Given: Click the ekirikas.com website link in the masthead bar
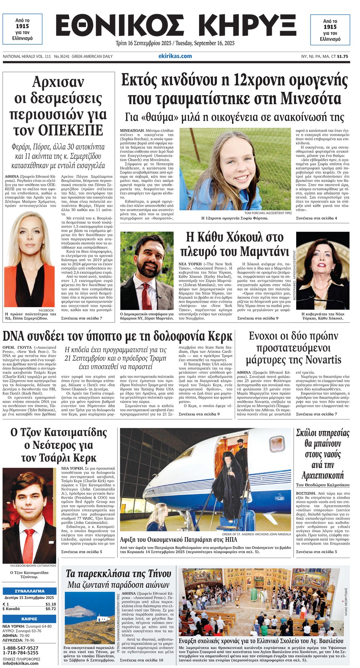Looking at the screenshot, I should (x=175, y=56).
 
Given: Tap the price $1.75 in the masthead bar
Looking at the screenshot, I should (x=342, y=57).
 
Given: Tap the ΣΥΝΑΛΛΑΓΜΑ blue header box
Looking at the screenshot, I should (x=30, y=591).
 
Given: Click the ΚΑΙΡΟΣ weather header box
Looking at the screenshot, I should (x=30, y=619).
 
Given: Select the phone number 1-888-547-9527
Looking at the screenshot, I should (x=20, y=648).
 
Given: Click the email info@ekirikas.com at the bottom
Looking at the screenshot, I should (x=20, y=663).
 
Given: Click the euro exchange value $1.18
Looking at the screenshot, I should (x=51, y=604).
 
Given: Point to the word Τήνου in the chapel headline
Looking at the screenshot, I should (x=156, y=573).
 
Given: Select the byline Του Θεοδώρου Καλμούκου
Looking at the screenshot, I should (x=322, y=485).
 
